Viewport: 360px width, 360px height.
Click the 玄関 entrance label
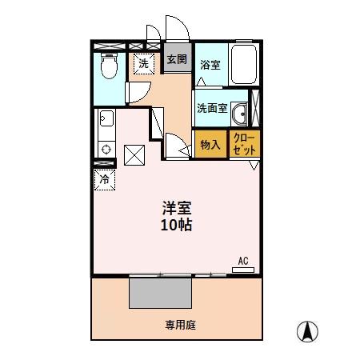(178, 59)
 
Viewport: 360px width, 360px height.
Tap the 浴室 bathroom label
(210, 65)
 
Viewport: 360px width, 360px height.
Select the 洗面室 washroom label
(212, 108)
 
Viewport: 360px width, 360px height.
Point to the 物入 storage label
(210, 145)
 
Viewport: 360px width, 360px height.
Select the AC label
(243, 260)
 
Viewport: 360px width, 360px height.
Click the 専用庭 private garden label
(181, 325)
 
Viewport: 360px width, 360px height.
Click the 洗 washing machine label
(144, 62)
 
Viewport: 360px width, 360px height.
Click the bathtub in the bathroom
(243, 64)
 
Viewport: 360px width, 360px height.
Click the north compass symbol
(307, 330)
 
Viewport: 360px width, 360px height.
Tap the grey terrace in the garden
(161, 291)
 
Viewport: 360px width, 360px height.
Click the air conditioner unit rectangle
(243, 270)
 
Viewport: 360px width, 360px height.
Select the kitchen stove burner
(105, 149)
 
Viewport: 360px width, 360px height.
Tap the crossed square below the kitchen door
(133, 154)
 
